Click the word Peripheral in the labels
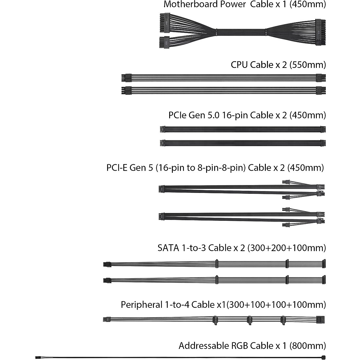142,305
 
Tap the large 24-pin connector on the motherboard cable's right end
320,32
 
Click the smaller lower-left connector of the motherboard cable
164,42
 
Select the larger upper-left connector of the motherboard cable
165,23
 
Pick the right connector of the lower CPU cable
321,91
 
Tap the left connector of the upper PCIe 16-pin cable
163,129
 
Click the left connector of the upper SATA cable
107,264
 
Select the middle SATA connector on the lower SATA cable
287,280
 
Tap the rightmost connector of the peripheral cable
321,319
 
